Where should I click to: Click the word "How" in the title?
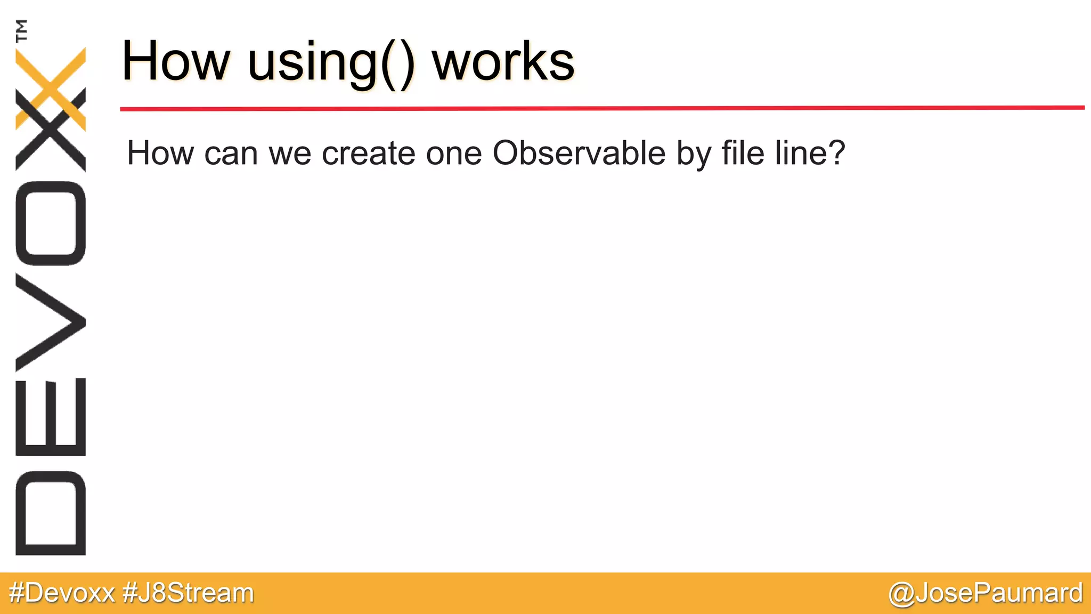[176, 61]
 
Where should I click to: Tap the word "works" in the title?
[503, 61]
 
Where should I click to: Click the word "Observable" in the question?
[579, 153]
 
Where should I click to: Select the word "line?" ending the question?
[810, 153]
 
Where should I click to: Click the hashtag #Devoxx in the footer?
[62, 593]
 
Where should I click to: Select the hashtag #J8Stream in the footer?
[188, 593]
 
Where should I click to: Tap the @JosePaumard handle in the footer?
[986, 593]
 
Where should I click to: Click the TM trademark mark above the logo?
[22, 30]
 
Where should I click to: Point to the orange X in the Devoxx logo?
[51, 88]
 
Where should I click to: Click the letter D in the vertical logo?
[51, 513]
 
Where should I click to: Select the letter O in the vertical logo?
[51, 223]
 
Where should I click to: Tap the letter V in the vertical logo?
[51, 322]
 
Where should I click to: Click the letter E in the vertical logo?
[51, 417]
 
